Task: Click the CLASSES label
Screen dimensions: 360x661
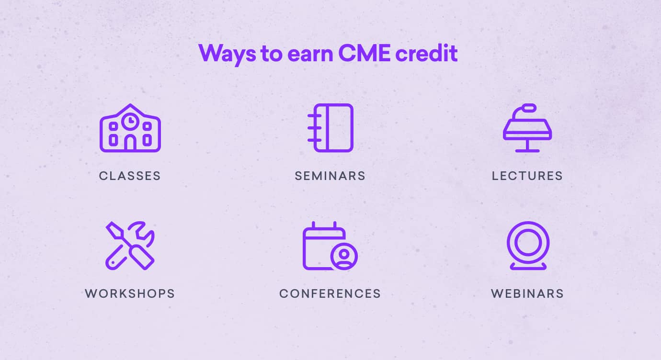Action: tap(130, 176)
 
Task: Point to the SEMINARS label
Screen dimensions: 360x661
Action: tap(330, 176)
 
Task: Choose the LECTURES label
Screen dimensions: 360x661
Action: tap(527, 176)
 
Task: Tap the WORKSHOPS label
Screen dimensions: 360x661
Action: tap(130, 293)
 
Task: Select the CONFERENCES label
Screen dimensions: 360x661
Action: tap(330, 293)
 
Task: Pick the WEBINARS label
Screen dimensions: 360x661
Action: tap(527, 293)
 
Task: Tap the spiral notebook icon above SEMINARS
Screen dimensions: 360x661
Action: tap(330, 128)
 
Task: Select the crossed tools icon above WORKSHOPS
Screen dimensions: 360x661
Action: tap(130, 245)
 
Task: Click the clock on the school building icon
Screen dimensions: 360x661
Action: tap(130, 121)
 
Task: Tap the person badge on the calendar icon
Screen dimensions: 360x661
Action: tap(343, 256)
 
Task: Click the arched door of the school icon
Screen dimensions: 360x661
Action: tap(130, 143)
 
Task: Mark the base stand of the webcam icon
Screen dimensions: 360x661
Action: tap(528, 266)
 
